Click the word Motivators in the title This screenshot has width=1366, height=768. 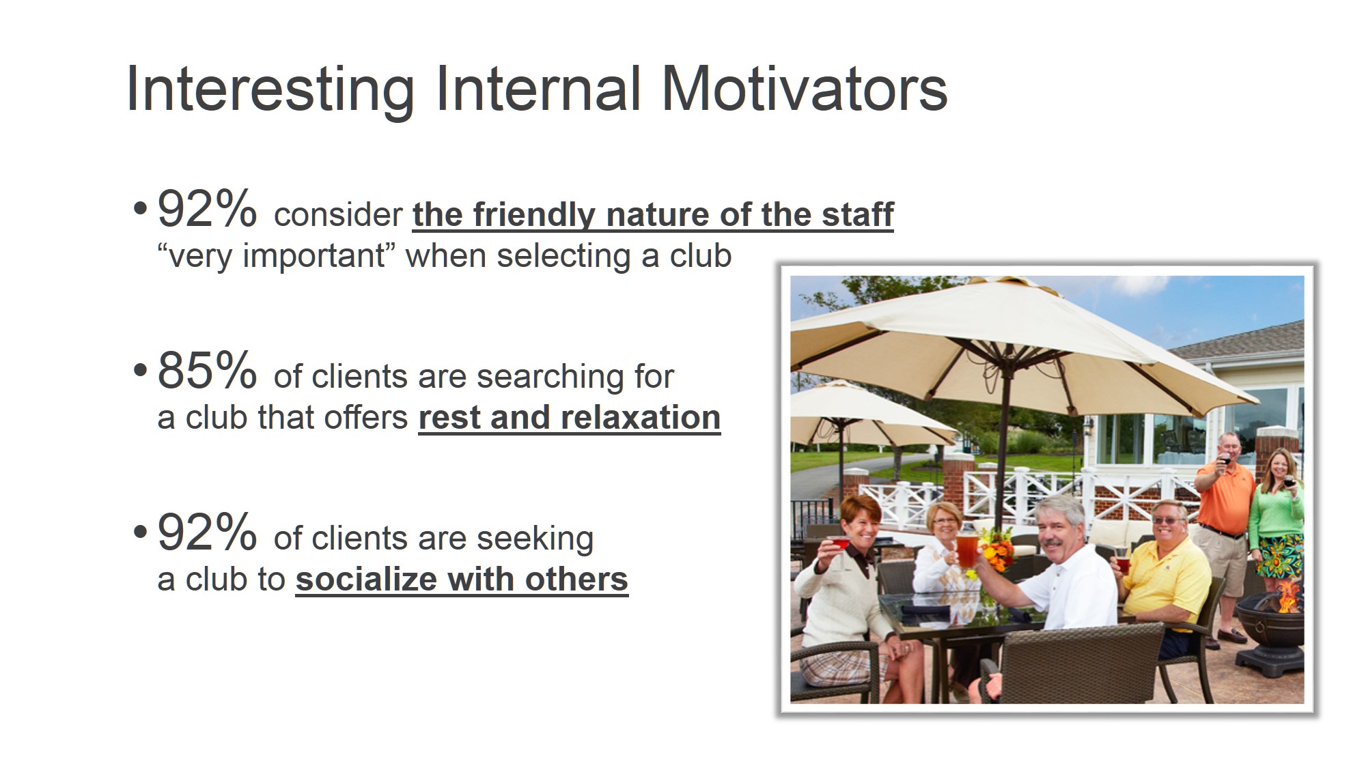coord(805,88)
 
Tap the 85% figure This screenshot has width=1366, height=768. coord(207,371)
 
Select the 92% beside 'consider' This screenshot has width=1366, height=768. coord(207,209)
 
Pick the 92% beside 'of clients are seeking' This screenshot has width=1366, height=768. coord(207,532)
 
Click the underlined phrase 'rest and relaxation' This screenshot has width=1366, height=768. coord(570,418)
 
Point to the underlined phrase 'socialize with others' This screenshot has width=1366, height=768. coord(462,580)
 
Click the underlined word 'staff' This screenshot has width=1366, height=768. coord(858,214)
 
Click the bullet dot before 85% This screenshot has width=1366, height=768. coord(140,371)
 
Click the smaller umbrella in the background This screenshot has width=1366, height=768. coord(867,410)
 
